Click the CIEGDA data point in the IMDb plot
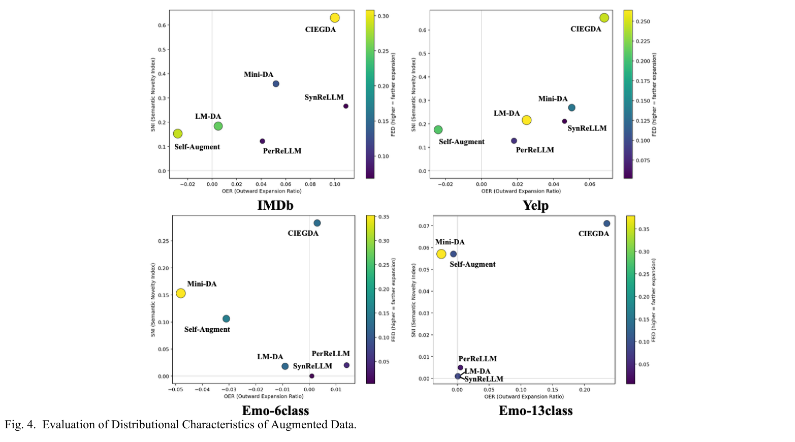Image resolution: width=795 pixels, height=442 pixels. point(334,18)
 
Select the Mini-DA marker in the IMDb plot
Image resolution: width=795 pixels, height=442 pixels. point(276,84)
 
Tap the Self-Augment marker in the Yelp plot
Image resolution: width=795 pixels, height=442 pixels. point(438,130)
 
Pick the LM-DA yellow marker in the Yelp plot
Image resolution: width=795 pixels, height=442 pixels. point(526,120)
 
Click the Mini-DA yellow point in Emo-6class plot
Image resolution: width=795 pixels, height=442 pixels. point(180,293)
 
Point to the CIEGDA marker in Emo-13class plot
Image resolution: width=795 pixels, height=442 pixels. point(607,224)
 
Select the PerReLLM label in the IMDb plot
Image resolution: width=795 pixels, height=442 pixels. point(282,151)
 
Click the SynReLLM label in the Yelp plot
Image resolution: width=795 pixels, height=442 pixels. point(587,129)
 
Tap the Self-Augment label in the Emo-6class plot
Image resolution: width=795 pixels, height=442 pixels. point(207,329)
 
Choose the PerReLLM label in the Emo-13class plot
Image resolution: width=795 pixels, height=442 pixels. point(478,359)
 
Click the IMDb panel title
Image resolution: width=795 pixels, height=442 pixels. point(275,205)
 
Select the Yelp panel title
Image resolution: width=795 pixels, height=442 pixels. point(535,205)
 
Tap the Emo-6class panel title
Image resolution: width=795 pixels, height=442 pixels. point(275,411)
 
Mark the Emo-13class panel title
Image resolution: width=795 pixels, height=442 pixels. point(535,411)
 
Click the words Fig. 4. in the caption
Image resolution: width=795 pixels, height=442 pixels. point(20,425)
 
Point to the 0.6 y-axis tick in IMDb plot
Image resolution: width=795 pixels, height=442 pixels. point(162,25)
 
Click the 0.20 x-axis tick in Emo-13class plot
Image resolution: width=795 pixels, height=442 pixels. point(585,390)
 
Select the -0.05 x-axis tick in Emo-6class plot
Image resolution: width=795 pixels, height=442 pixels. point(175,390)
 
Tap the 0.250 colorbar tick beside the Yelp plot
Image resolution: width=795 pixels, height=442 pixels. point(643,21)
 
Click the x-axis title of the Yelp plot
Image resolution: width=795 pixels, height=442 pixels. point(521,191)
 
